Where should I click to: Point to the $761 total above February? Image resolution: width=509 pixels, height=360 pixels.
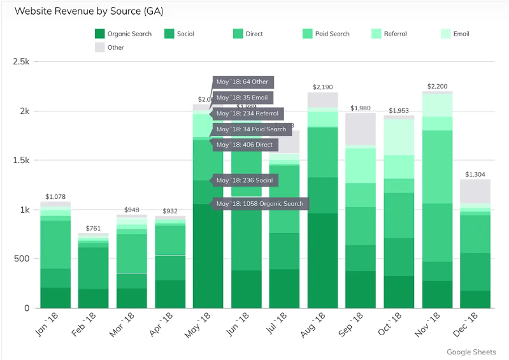[93, 228]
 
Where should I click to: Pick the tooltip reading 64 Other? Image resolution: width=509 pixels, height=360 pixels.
[243, 82]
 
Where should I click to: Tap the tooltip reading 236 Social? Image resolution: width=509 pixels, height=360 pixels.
[245, 180]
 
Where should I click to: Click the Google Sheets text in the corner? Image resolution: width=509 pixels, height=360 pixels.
[471, 352]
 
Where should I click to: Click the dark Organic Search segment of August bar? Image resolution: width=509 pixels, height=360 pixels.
[323, 260]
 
